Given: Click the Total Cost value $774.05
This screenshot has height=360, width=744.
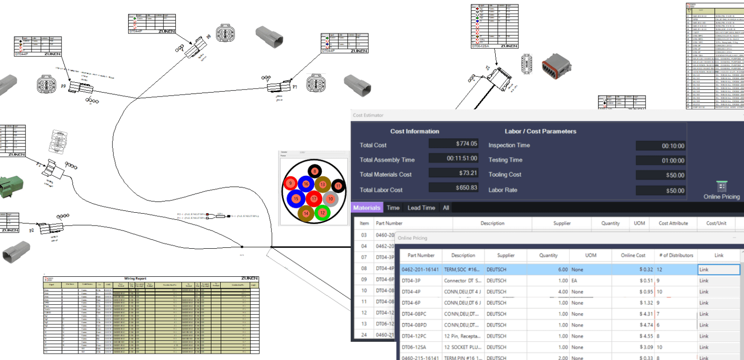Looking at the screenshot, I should (453, 144).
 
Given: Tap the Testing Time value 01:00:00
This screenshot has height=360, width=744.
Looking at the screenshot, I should (661, 161).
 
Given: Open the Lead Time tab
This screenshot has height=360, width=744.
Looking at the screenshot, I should (421, 208).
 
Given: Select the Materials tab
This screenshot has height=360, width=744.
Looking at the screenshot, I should (367, 208).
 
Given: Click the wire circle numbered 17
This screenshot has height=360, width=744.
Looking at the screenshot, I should (314, 199).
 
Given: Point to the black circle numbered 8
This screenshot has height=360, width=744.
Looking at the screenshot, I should (315, 171).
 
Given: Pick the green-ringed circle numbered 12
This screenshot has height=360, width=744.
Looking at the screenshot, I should (322, 213).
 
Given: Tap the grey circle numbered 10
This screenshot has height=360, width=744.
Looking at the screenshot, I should (331, 198).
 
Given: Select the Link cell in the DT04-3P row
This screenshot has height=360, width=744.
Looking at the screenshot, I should (718, 281).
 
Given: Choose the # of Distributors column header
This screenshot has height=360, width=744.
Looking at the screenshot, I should (676, 255).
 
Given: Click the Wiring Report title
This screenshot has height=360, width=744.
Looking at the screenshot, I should (151, 279).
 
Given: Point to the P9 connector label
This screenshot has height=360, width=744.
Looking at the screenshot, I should (64, 86).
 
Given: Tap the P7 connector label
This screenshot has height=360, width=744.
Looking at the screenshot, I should (295, 87).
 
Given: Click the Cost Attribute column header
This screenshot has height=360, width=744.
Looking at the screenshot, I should (673, 223).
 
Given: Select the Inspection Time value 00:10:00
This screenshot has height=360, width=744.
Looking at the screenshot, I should (661, 146).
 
